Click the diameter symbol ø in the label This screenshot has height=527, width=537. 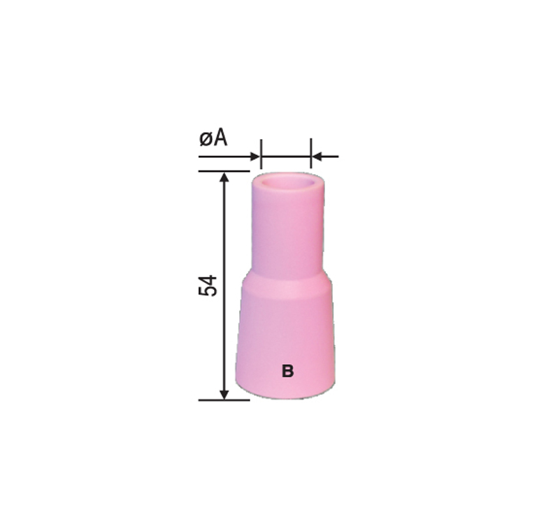[206, 140]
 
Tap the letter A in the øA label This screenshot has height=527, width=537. [220, 138]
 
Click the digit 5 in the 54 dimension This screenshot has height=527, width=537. [208, 290]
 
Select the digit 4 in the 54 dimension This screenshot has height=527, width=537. [208, 279]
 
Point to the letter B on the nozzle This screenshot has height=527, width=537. [287, 371]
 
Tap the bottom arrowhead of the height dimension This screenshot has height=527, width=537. [224, 394]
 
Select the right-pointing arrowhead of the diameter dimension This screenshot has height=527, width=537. [255, 157]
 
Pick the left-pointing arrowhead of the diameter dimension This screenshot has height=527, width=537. [317, 157]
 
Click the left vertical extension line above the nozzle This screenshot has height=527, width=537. [261, 154]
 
